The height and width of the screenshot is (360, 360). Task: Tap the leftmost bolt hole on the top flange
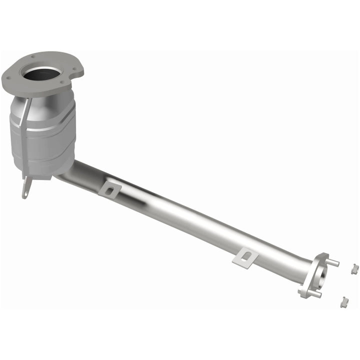8,77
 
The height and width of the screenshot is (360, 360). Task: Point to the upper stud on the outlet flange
333,262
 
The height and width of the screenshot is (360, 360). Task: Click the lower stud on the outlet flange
314,294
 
